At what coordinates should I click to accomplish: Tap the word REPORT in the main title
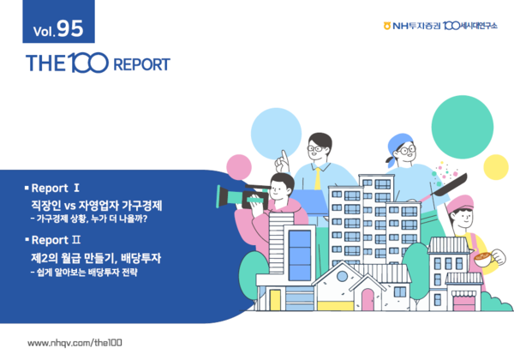pos(140,64)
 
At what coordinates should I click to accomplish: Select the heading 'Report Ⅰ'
pos(55,186)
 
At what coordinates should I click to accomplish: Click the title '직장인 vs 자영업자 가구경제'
pos(96,206)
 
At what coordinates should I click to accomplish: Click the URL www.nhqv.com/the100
pos(75,342)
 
